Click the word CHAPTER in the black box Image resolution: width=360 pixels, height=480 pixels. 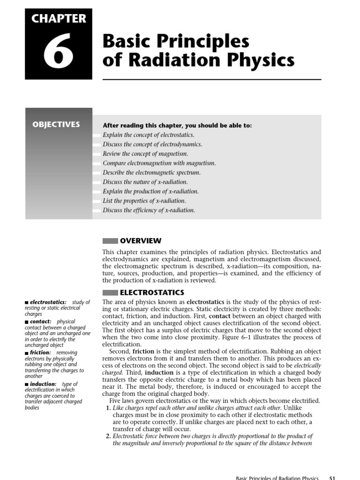coord(59,19)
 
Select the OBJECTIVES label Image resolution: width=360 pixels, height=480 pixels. coord(56,125)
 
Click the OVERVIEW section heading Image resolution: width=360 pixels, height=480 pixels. coord(141,241)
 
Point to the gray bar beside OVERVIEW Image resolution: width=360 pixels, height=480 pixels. coord(110,241)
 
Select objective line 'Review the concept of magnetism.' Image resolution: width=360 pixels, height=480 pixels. coord(145,154)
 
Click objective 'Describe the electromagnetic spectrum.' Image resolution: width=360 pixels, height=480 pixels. coord(151,172)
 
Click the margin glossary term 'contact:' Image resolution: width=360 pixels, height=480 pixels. coord(40,322)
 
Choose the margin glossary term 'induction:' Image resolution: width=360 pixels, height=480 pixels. coord(43,384)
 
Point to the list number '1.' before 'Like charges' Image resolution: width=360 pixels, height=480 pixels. coord(107,408)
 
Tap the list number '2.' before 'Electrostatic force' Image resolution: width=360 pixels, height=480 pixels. coord(107,436)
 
